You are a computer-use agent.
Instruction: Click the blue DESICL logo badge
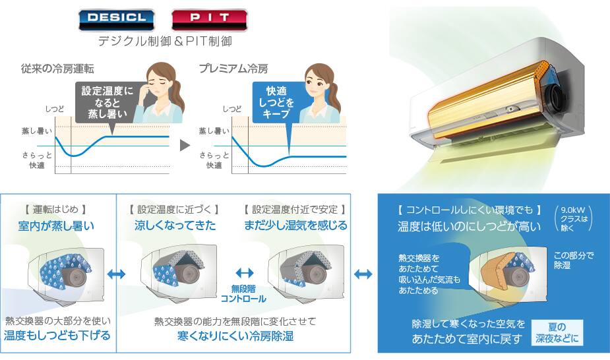point(116,20)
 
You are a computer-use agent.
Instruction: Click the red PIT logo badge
point(209,20)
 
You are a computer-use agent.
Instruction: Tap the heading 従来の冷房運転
point(57,69)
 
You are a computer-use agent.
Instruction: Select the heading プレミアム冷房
point(233,69)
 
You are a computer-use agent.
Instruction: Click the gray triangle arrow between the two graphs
point(185,146)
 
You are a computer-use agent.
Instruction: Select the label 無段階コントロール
point(243,293)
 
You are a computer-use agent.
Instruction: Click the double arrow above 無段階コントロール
point(244,273)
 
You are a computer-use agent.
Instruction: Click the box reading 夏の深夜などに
point(557,332)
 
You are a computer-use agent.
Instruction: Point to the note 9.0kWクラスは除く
point(572,218)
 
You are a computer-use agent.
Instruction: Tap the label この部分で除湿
point(574,260)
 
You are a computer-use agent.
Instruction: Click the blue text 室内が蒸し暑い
point(56,226)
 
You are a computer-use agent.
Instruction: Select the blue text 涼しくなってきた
point(175,225)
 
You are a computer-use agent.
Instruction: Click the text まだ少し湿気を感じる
point(295,225)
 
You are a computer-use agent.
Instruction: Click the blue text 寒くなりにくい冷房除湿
point(235,336)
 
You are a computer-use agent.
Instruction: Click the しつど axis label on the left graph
point(55,109)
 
